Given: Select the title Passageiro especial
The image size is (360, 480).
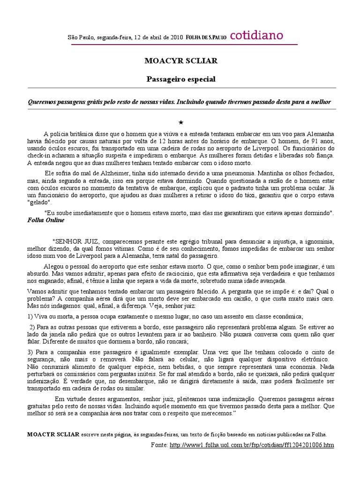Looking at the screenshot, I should (181, 79).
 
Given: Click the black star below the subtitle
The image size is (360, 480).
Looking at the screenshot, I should (180, 122).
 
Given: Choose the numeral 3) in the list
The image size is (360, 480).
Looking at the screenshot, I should (30, 352).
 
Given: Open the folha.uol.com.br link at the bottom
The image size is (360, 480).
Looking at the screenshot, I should (252, 444).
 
